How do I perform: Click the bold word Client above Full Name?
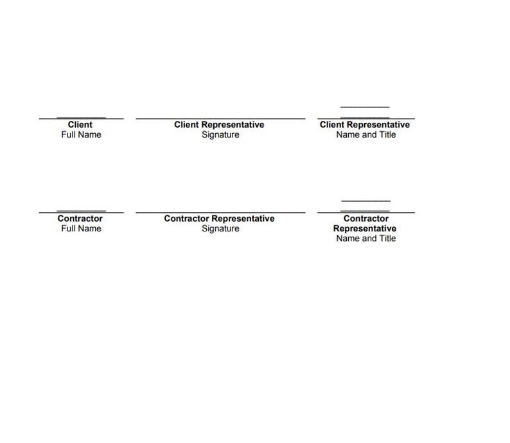click(80, 125)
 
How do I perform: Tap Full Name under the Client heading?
click(81, 135)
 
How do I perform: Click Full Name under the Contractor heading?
click(81, 228)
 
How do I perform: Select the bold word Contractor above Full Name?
click(80, 219)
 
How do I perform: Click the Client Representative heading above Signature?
click(219, 125)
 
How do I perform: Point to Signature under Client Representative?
click(220, 135)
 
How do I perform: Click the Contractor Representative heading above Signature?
click(219, 219)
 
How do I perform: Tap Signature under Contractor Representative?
click(220, 228)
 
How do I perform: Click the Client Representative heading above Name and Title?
click(365, 125)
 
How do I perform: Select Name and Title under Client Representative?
click(366, 135)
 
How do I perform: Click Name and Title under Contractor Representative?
click(366, 239)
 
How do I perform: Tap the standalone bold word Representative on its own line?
click(365, 228)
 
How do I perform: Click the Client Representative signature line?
click(220, 119)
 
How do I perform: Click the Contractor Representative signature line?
click(220, 213)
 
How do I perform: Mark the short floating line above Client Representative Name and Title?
click(365, 107)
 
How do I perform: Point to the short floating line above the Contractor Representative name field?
click(366, 201)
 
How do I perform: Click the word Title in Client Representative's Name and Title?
click(387, 135)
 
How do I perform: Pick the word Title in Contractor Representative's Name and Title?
click(387, 239)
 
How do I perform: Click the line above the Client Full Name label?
click(82, 118)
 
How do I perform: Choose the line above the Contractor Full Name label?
click(82, 212)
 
